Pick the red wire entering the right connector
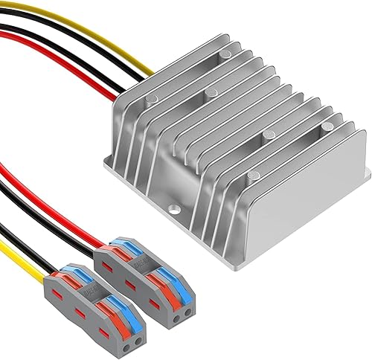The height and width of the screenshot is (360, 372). click(67, 216)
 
